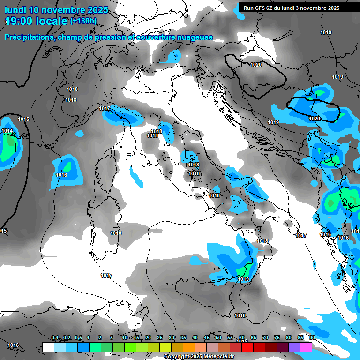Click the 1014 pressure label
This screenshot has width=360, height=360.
pyautogui.click(x=7, y=131)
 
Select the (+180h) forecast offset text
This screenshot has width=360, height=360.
pyautogui.click(x=83, y=21)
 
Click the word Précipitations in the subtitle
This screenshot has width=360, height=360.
pyautogui.click(x=29, y=37)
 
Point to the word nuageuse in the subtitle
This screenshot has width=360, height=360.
pyautogui.click(x=192, y=37)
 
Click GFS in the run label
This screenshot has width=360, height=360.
pyautogui.click(x=259, y=8)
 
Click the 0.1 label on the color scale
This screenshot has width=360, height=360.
pyautogui.click(x=55, y=337)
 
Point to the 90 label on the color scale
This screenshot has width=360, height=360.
pyautogui.click(x=312, y=337)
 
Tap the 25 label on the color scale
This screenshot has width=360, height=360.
pyautogui.click(x=160, y=337)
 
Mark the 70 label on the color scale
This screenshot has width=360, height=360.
pyautogui.click(x=265, y=337)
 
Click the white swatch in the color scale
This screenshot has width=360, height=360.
pyautogui.click(x=48, y=347)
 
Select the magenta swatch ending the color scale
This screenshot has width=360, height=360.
pyautogui.click(x=306, y=347)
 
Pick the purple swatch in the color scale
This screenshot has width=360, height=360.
pyautogui.click(x=294, y=347)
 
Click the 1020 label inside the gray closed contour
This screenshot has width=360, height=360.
pyautogui.click(x=256, y=65)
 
